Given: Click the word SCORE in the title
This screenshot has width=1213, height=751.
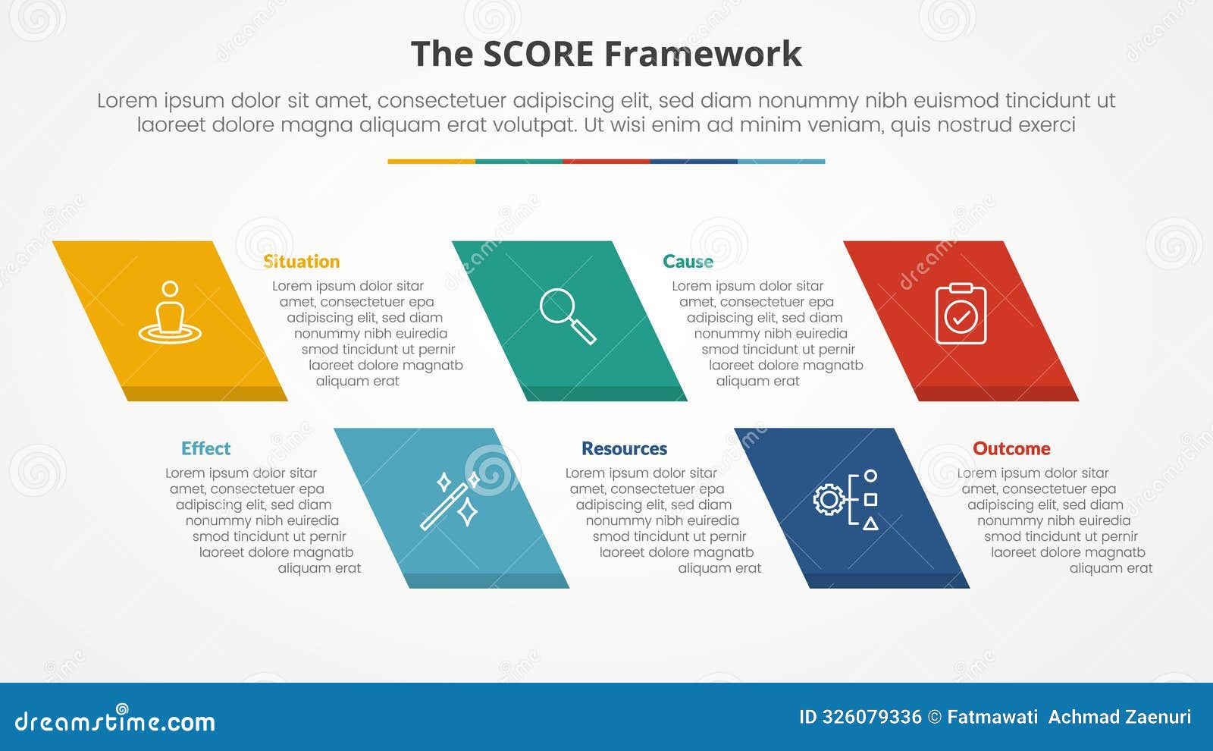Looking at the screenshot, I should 538,55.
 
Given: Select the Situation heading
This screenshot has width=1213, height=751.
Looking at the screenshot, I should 301,262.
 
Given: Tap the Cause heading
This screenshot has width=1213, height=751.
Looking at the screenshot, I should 688,262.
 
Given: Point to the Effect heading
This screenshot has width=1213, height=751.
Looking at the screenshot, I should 205,448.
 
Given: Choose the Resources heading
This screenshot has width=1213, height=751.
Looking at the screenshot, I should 624,448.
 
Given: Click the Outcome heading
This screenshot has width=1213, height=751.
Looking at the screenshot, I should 1011,448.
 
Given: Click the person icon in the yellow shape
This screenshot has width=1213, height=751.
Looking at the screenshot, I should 170,313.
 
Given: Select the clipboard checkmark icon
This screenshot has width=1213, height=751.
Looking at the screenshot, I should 961,313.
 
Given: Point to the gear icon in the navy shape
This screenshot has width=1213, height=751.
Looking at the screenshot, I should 829,499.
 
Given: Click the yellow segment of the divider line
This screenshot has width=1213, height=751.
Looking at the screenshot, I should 431,162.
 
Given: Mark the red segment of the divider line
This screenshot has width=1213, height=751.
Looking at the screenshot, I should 606,162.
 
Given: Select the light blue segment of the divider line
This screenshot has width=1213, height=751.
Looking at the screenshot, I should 781,162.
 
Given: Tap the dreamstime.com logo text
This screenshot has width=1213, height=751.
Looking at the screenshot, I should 115,721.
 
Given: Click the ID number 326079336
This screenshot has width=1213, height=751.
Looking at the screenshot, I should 872,717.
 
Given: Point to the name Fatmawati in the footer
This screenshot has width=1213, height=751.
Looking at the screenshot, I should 992,717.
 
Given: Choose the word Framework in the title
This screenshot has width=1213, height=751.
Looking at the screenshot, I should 703,55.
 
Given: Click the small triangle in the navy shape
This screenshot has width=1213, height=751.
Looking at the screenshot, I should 871,523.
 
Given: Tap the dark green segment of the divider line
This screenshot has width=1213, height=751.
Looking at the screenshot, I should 519,162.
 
